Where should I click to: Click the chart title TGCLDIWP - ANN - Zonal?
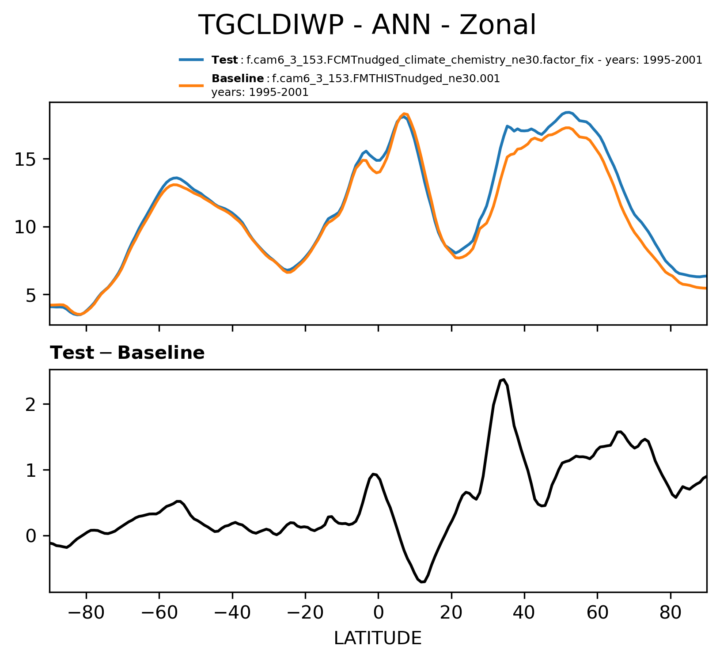(367, 25)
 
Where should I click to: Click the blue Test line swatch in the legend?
(191, 60)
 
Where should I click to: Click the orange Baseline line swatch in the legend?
(191, 85)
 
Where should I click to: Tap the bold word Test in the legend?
(225, 60)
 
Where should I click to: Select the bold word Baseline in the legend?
(238, 79)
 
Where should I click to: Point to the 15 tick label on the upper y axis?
(25, 160)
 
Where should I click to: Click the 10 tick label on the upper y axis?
(25, 227)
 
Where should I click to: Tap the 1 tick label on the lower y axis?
(30, 470)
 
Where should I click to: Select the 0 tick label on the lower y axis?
(30, 536)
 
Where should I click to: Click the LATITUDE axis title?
(378, 638)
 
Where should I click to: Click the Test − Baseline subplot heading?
(127, 353)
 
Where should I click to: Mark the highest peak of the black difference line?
(504, 380)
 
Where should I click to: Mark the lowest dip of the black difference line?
(422, 582)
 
